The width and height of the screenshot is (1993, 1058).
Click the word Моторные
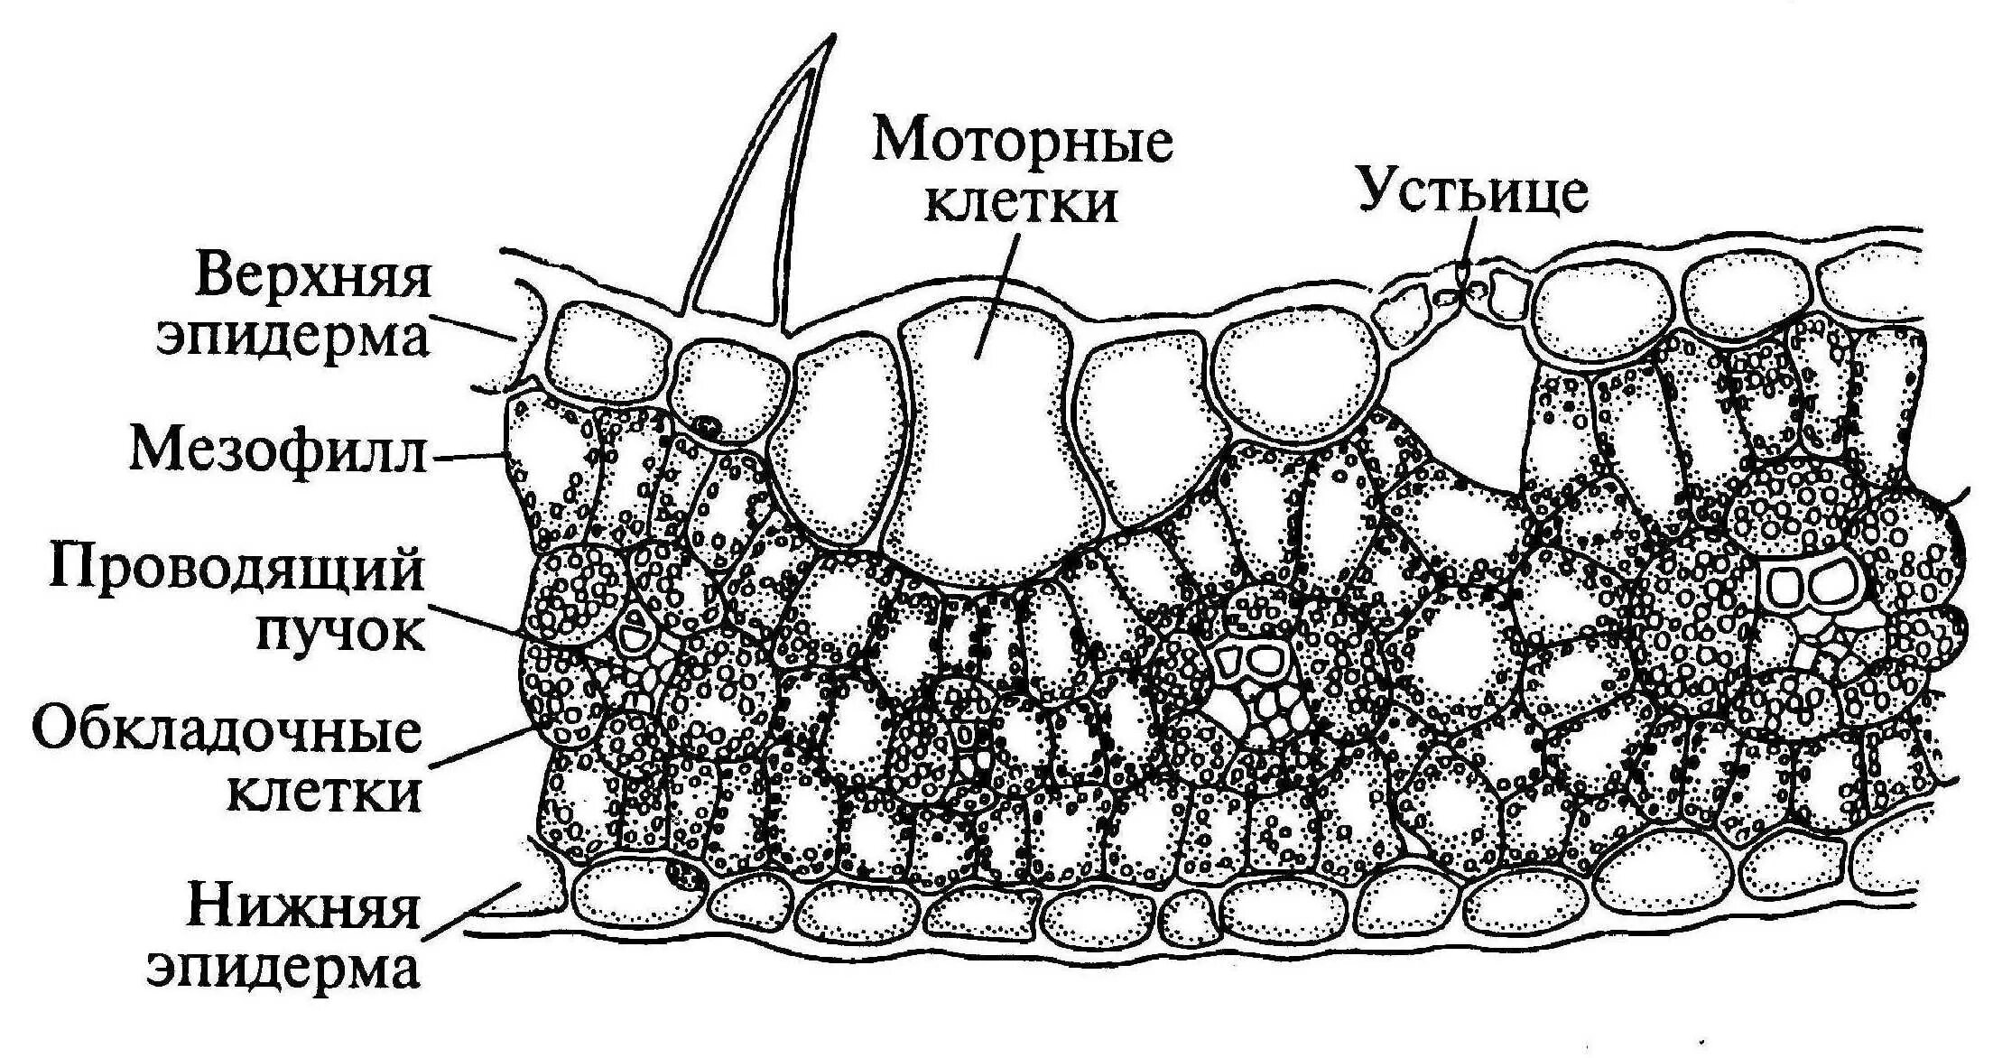coord(1022,143)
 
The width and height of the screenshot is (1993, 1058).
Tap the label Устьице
coord(1473,192)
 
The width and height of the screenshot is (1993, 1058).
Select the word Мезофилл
coord(277,450)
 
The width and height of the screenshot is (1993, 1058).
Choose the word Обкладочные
coord(227,733)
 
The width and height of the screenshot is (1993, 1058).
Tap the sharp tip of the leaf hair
coord(831,38)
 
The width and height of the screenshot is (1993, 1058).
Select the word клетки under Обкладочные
coord(325,793)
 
